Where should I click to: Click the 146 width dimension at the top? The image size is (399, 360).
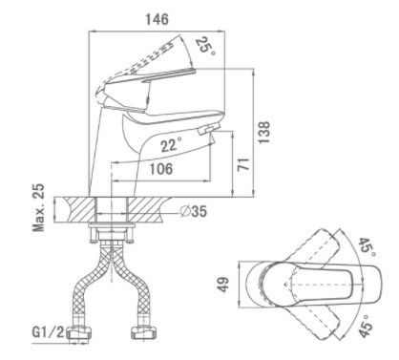pyautogui.click(x=157, y=19)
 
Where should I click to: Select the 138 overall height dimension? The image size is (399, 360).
pyautogui.click(x=263, y=133)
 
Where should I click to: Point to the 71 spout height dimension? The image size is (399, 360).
pyautogui.click(x=243, y=164)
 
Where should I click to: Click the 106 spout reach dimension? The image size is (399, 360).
pyautogui.click(x=161, y=169)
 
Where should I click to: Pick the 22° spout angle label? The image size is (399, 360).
pyautogui.click(x=171, y=145)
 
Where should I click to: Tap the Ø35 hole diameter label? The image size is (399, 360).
pyautogui.click(x=193, y=211)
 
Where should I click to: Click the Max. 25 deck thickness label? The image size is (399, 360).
pyautogui.click(x=39, y=207)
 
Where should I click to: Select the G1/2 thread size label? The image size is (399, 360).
pyautogui.click(x=48, y=332)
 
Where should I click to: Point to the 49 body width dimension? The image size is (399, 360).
pyautogui.click(x=223, y=285)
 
